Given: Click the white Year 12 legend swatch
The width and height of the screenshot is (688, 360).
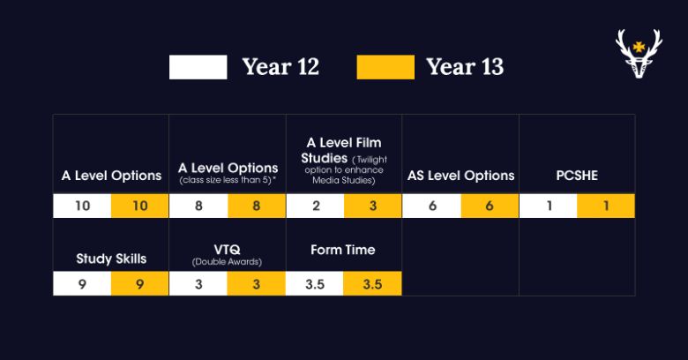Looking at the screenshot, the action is click(198, 67).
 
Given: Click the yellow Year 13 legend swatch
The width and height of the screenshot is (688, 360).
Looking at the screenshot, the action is click(385, 67).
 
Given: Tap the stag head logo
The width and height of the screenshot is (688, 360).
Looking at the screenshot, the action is click(639, 54).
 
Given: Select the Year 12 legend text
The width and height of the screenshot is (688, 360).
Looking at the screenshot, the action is click(280, 67).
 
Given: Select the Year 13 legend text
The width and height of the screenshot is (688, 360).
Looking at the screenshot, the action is click(465, 67).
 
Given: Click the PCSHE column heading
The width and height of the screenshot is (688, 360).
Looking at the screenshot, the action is click(577, 176).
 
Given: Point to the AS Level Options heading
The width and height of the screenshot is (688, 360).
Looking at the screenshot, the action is click(460, 176).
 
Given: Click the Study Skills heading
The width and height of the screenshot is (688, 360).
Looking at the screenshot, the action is click(111, 259).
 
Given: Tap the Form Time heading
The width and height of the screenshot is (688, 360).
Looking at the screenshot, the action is click(343, 250).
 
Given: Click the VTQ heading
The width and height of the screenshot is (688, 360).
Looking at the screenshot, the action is click(227, 250).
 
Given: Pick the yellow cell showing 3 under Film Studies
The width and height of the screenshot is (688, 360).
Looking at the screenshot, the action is click(372, 206).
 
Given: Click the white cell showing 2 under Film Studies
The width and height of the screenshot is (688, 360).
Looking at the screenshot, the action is click(315, 206).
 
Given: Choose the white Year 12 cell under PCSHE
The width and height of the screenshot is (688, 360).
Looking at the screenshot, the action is click(548, 206).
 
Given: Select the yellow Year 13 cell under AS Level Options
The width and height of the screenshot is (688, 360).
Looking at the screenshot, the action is click(490, 206).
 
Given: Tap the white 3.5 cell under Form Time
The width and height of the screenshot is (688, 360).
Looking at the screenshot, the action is click(315, 283).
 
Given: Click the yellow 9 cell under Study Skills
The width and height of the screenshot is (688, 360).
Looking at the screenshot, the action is click(139, 283).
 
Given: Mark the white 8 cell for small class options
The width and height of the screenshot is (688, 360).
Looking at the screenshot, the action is click(198, 206).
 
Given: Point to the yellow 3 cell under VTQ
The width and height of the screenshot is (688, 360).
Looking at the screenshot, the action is click(257, 283).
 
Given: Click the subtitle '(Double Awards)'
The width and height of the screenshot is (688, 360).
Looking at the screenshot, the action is click(227, 262).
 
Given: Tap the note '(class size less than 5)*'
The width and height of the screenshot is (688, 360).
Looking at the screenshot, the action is click(228, 180).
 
